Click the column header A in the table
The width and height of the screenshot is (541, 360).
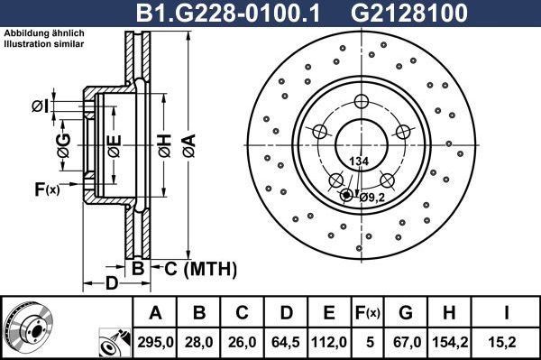tap(156, 313)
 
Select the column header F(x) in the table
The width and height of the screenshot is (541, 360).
tap(368, 313)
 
